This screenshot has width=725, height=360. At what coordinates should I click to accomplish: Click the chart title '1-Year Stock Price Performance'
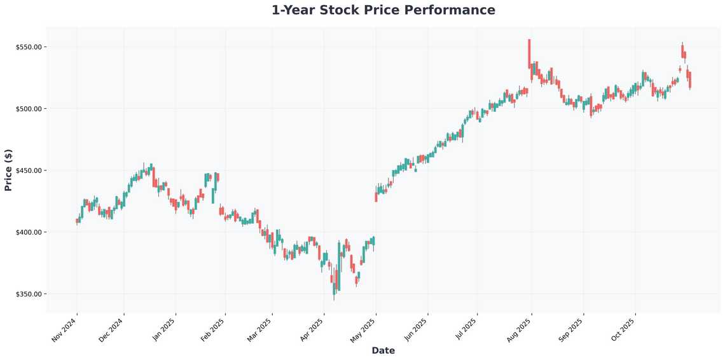pyautogui.click(x=383, y=10)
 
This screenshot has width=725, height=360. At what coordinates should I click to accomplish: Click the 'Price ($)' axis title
pyautogui.click(x=8, y=170)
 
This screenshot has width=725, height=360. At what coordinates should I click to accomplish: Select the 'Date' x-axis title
pyautogui.click(x=383, y=350)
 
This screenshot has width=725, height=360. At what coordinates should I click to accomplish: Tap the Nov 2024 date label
pyautogui.click(x=65, y=330)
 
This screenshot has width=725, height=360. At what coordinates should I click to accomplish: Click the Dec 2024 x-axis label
pyautogui.click(x=113, y=330)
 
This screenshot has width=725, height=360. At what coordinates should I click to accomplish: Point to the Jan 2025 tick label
pyautogui.click(x=164, y=330)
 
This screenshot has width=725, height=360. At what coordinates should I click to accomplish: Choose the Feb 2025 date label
pyautogui.click(x=214, y=330)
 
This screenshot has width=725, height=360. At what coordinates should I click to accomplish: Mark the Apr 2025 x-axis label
pyautogui.click(x=312, y=330)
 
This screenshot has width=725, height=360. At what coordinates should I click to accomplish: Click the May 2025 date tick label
pyautogui.click(x=364, y=330)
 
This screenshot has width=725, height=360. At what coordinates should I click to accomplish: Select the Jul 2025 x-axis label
pyautogui.click(x=467, y=330)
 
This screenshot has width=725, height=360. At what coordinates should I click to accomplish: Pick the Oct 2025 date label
pyautogui.click(x=623, y=330)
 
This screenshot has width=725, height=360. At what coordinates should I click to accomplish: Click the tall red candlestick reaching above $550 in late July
pyautogui.click(x=529, y=53)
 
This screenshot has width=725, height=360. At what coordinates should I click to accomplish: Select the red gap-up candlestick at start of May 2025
pyautogui.click(x=376, y=197)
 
